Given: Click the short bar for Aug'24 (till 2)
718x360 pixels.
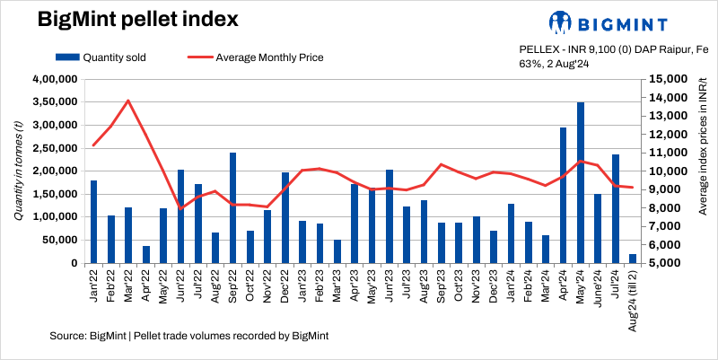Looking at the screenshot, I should [x=633, y=259].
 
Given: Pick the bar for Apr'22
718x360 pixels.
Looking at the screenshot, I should [x=146, y=254].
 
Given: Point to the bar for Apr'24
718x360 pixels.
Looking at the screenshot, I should [x=564, y=195].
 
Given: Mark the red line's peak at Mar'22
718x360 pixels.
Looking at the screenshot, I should [x=128, y=101].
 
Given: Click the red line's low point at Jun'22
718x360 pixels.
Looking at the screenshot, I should [x=181, y=208].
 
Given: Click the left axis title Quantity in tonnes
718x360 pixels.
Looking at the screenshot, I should [x=19, y=171].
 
